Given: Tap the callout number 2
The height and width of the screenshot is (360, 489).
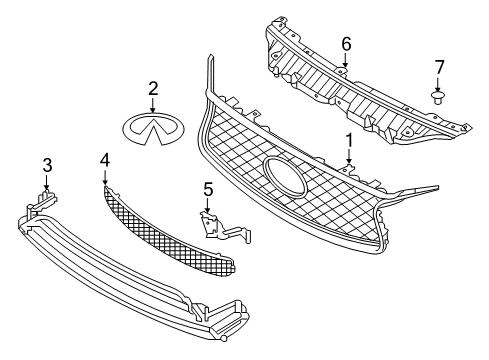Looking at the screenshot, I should click(x=153, y=89).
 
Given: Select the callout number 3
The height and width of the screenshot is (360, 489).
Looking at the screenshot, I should click(x=47, y=164).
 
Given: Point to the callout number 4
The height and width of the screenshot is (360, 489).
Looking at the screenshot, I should click(x=106, y=159).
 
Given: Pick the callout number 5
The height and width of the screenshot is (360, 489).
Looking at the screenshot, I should click(x=208, y=188).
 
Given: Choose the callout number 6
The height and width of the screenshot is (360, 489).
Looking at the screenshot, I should click(x=346, y=43).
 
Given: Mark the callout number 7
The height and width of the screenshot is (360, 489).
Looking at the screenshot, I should click(x=437, y=67).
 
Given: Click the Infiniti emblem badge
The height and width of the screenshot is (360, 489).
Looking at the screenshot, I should click(x=153, y=127).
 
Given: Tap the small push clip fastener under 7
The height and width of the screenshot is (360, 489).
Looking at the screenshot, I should click(x=437, y=97).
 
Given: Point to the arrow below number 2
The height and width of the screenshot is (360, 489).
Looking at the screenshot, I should click(x=153, y=104).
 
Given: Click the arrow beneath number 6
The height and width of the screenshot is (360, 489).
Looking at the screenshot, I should click(x=346, y=60).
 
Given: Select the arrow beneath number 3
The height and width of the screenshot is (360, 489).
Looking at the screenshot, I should click(x=47, y=180).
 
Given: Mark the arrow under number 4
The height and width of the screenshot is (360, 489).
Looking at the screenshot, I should click(x=106, y=176).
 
